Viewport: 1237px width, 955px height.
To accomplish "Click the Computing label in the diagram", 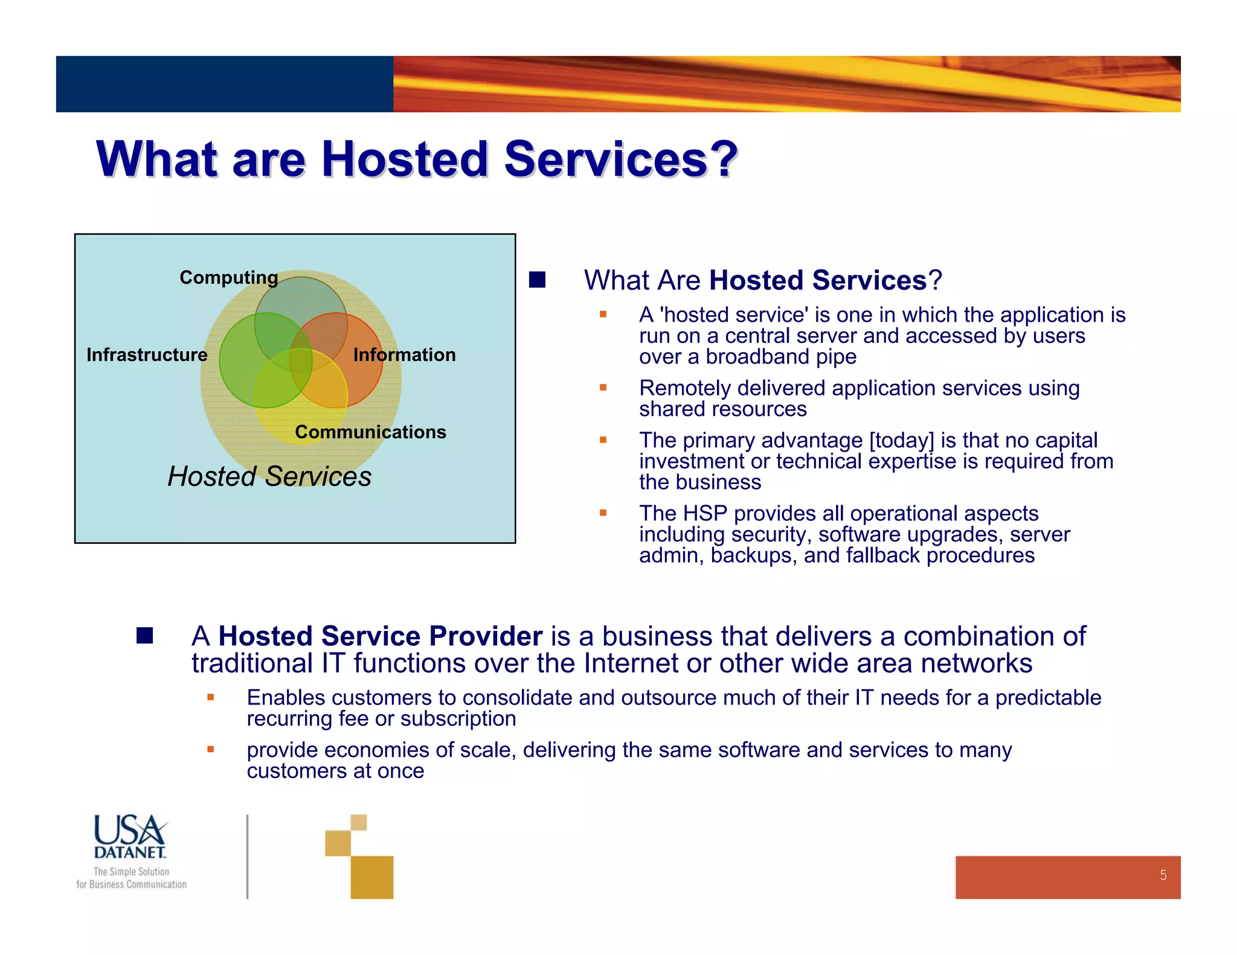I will [x=228, y=277].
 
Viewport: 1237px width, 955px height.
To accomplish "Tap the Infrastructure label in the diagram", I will [x=147, y=354].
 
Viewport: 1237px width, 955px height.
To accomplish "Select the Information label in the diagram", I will [x=404, y=354].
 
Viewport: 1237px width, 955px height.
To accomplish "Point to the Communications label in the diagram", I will [x=370, y=432].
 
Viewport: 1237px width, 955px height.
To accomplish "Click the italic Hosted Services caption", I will [x=269, y=476].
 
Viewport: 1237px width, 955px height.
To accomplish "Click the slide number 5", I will [x=1163, y=875].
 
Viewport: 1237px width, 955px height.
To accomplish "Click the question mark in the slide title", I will [x=724, y=159].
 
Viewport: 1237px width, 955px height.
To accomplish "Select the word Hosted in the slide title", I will [x=405, y=159].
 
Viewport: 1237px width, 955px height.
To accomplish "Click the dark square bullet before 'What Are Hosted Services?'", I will [x=537, y=279].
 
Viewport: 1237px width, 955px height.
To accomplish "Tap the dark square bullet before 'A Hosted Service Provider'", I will [x=144, y=636].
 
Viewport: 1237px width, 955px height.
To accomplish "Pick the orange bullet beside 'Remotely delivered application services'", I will [x=603, y=388].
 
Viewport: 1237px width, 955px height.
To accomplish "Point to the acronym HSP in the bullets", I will [x=704, y=513].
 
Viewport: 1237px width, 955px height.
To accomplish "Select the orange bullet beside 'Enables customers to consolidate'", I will [x=210, y=697].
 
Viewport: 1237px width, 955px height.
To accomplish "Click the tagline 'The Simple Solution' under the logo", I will [x=131, y=872].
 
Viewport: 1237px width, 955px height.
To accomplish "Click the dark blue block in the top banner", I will [x=224, y=84].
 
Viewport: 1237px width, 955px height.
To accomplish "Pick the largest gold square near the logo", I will [x=371, y=877].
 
